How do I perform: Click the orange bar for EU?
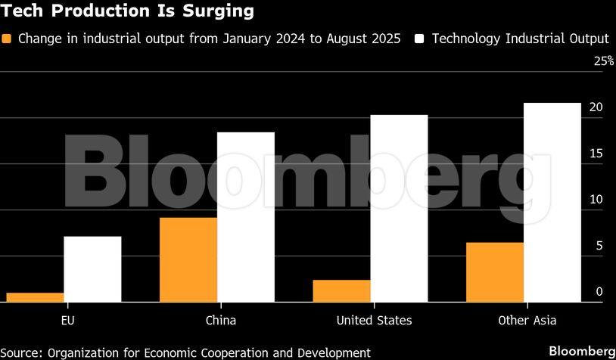point(35,297)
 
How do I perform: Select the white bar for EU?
point(92,269)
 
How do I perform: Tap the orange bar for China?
point(188,259)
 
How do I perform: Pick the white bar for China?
point(246,217)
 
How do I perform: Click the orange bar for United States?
point(342,291)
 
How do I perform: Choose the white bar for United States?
point(399,209)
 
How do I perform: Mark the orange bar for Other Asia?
point(495,272)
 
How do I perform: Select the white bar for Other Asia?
point(552,203)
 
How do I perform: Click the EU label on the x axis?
point(67,321)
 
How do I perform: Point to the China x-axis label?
point(221,321)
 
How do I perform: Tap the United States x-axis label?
point(374,321)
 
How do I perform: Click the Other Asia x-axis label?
point(527,321)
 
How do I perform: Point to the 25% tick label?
point(603,61)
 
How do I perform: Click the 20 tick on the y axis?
point(596,107)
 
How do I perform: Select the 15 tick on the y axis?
point(596,154)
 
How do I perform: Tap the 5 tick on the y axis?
point(599,246)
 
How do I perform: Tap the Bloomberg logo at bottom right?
point(581,352)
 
